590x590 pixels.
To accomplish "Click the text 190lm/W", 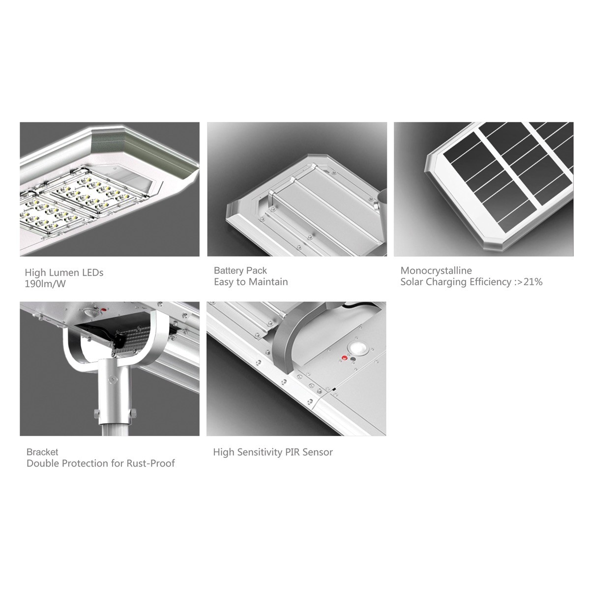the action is [45, 284].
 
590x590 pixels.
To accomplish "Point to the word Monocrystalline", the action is [436, 270].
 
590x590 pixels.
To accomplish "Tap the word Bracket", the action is [42, 452].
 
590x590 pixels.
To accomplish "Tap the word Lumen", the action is [65, 272].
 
